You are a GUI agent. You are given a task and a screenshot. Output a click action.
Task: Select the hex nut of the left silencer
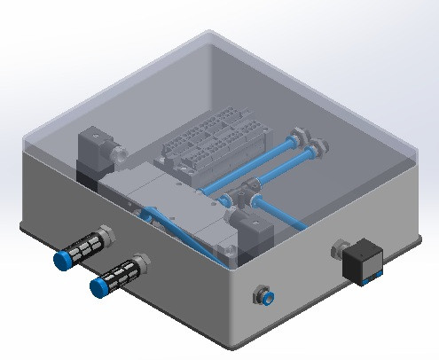tap(106, 234)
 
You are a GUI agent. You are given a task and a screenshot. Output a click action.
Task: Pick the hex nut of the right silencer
tap(141, 262)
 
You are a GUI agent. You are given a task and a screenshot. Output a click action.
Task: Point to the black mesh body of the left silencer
tap(84, 247)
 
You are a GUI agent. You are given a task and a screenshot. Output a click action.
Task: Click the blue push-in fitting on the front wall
tap(263, 293)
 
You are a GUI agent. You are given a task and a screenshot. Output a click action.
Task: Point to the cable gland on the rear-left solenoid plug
tap(115, 160)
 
